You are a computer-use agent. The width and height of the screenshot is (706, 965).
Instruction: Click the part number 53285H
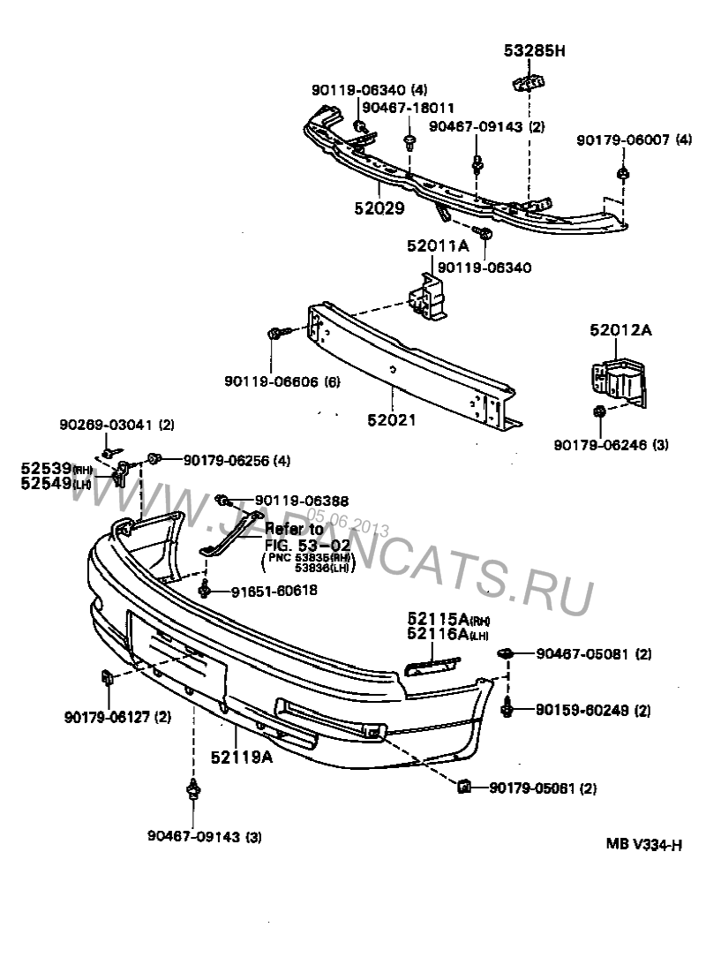534,51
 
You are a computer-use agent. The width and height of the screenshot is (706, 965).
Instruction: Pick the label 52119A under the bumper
242,757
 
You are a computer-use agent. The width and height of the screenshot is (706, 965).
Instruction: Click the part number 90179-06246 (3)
611,445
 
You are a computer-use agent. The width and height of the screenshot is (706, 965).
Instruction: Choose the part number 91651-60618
261,590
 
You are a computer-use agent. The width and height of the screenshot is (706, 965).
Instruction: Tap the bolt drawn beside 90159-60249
509,708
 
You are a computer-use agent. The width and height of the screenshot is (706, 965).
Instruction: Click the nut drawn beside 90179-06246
598,411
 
